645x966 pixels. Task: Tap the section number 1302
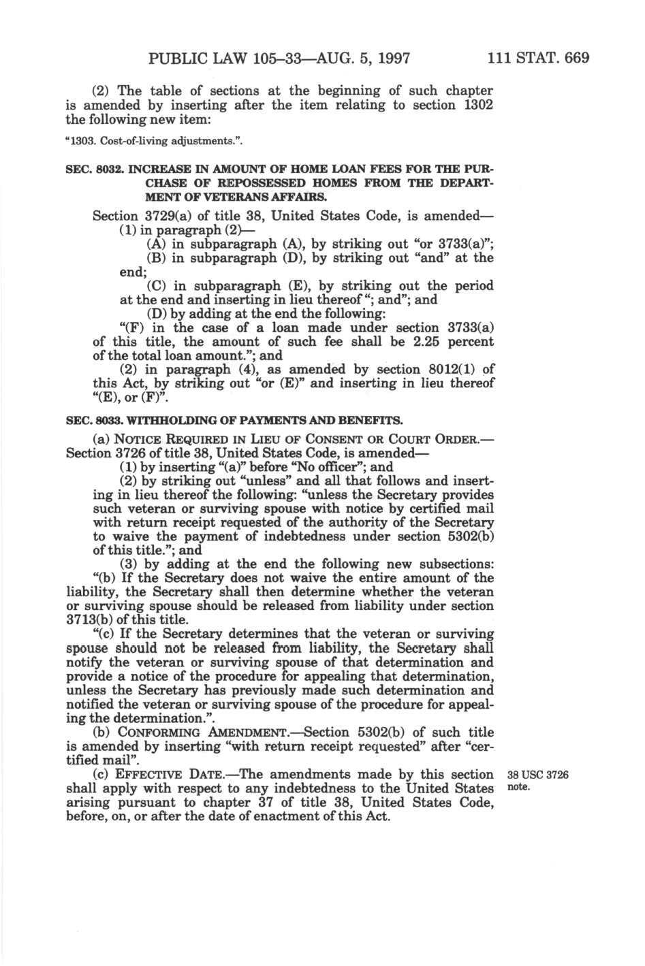pos(478,104)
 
